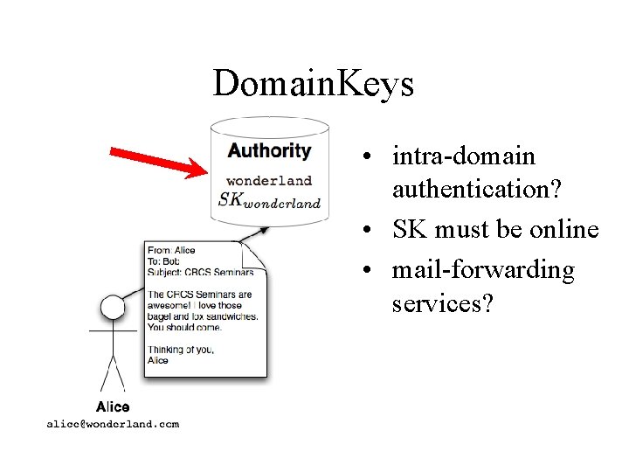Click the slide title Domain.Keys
(313, 85)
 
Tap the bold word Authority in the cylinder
(269, 150)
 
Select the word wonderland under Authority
(269, 181)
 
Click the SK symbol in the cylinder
(230, 198)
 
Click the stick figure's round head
(112, 308)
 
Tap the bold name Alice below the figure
(113, 406)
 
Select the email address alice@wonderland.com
(113, 424)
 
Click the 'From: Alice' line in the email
(171, 251)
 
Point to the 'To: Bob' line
(165, 261)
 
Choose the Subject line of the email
(202, 272)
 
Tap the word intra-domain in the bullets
(463, 156)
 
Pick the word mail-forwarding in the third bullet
(483, 270)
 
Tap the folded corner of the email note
(254, 259)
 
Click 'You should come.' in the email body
(184, 327)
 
